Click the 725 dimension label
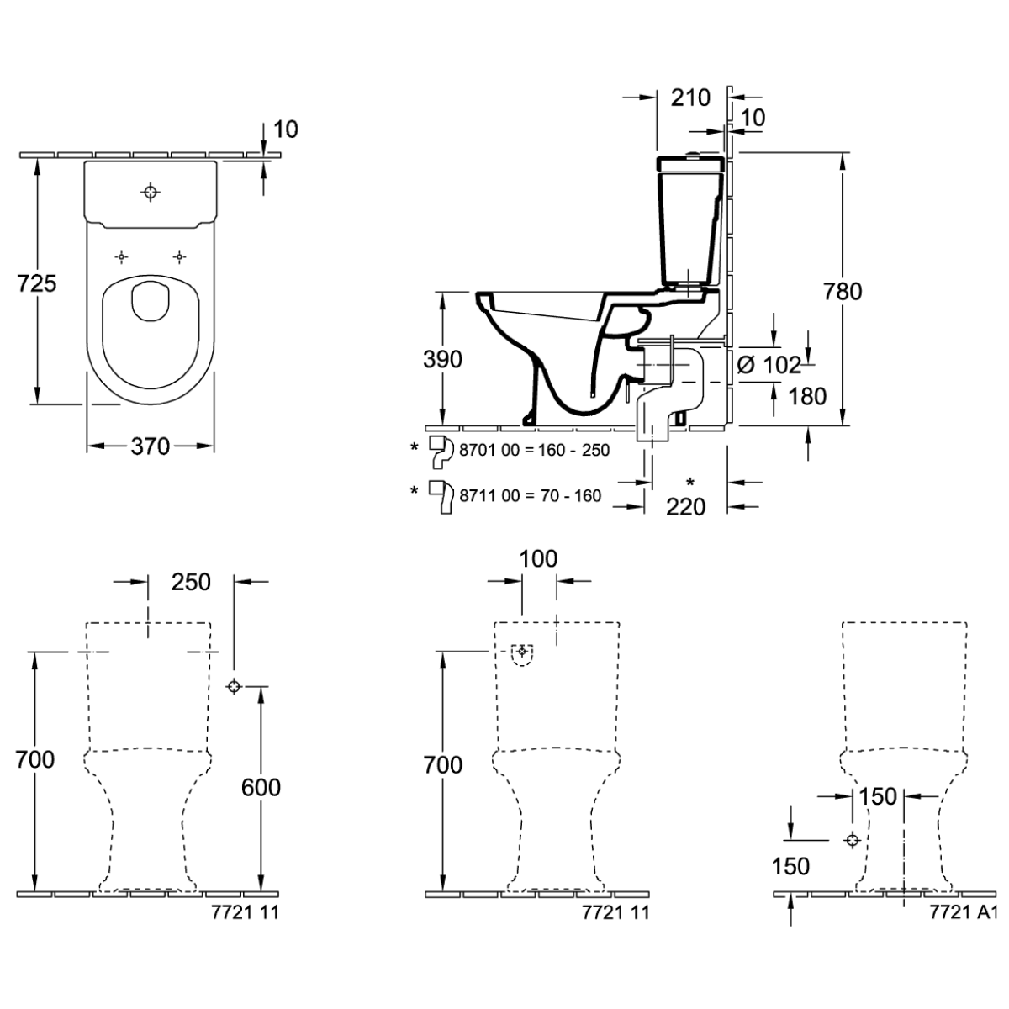pos(37,283)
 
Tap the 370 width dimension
pos(151,446)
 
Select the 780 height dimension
pos(843,291)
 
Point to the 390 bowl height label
pos(442,359)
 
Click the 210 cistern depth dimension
pos(691,98)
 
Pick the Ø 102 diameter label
pos(769,366)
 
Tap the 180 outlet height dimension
pos(808,395)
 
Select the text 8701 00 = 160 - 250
pos(534,450)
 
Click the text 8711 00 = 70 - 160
pos(530,495)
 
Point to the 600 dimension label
pos(261,787)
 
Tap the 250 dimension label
pos(191,581)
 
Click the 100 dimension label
pos(539,559)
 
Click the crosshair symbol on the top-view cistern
pos(151,192)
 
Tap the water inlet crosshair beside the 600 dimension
pos(234,687)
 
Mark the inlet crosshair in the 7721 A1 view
pos(853,840)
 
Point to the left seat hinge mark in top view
pos(123,256)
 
